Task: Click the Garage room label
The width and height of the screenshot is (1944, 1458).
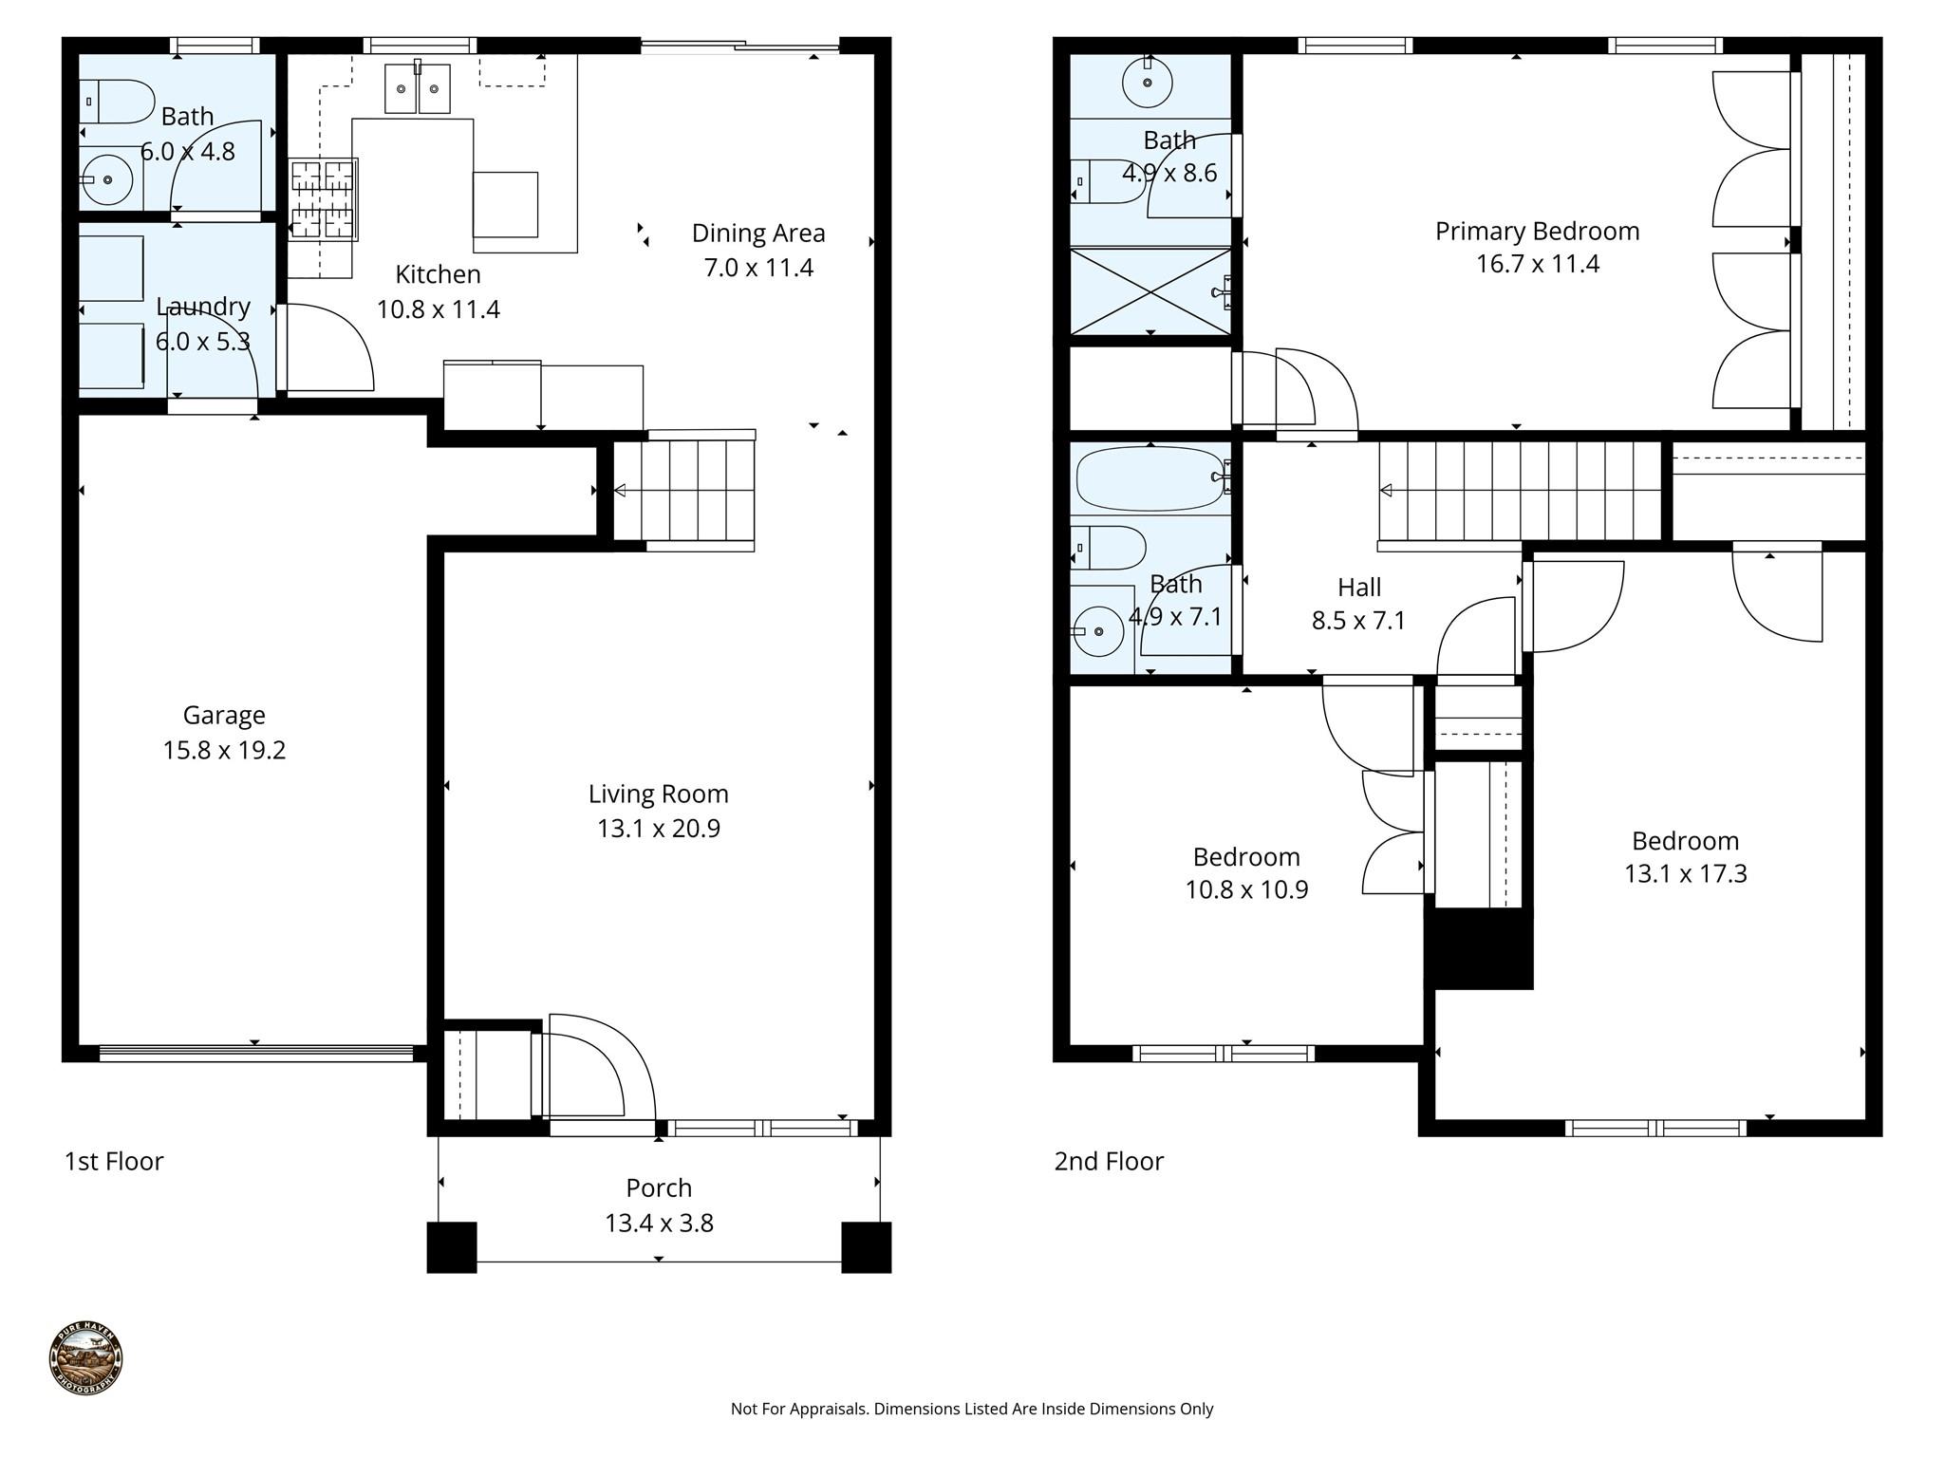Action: coord(223,715)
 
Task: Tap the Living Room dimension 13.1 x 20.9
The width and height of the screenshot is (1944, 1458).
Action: coord(658,829)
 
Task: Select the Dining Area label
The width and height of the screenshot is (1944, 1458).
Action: coord(757,233)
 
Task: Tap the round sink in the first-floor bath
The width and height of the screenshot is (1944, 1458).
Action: coord(107,179)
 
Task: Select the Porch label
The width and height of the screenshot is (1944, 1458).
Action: coord(658,1187)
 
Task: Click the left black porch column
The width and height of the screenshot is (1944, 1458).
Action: coord(451,1247)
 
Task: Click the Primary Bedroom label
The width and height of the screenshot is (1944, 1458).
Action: coord(1537,231)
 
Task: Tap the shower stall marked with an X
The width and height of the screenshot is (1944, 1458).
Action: coord(1150,291)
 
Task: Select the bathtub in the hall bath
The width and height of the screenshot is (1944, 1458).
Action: coord(1150,477)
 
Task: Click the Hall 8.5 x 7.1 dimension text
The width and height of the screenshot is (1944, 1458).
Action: coord(1358,621)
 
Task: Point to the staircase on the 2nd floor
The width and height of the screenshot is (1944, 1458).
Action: coord(1519,491)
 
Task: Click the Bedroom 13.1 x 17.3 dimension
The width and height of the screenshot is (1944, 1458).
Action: coord(1685,873)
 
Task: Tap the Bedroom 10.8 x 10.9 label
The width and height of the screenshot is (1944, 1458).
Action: coord(1245,857)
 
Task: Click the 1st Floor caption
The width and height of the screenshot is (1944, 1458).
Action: coord(114,1161)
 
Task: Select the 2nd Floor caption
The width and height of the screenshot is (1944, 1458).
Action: coord(1108,1161)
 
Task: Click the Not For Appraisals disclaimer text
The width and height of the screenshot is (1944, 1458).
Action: coord(971,1409)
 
